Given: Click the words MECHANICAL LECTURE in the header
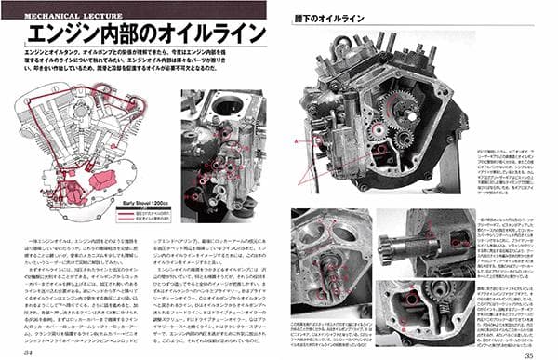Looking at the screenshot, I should pyautogui.click(x=59, y=17).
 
